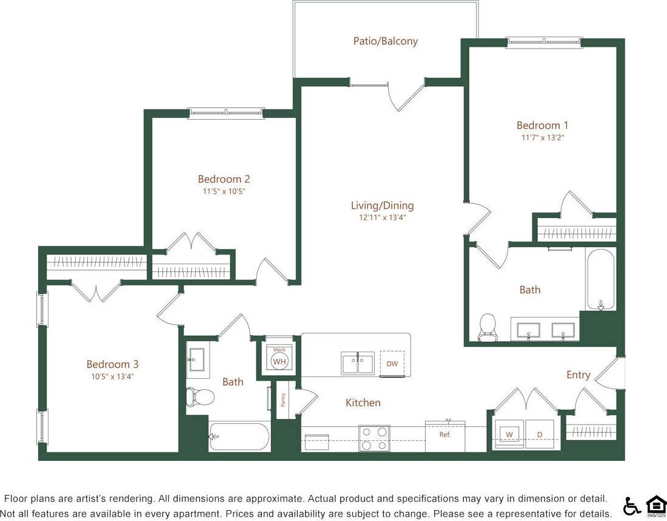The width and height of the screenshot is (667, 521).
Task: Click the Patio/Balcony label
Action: click(x=386, y=41)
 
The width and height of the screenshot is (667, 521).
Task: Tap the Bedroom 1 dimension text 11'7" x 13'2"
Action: click(x=543, y=138)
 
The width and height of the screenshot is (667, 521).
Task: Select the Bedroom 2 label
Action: click(x=224, y=179)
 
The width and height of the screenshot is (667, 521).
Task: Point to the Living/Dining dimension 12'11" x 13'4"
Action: click(x=382, y=217)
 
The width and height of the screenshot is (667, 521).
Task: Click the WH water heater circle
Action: click(x=279, y=361)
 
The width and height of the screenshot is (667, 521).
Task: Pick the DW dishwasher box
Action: click(x=392, y=363)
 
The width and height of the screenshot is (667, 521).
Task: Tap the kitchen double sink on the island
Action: click(x=358, y=363)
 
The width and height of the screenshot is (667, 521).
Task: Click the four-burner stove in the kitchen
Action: click(x=374, y=438)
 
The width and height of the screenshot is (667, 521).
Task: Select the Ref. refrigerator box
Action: click(x=445, y=436)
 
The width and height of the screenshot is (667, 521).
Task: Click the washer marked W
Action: click(x=509, y=435)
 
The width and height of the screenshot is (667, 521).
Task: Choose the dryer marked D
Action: click(x=540, y=435)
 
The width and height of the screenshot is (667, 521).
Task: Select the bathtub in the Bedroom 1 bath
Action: click(x=600, y=279)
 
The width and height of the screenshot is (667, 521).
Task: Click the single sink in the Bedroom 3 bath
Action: click(x=197, y=359)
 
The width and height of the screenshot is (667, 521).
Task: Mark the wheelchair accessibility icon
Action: click(x=632, y=505)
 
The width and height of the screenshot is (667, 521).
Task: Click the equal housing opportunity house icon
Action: click(x=654, y=505)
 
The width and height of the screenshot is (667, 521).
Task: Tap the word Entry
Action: click(x=578, y=375)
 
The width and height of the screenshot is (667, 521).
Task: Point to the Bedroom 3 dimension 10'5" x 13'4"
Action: click(x=112, y=376)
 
